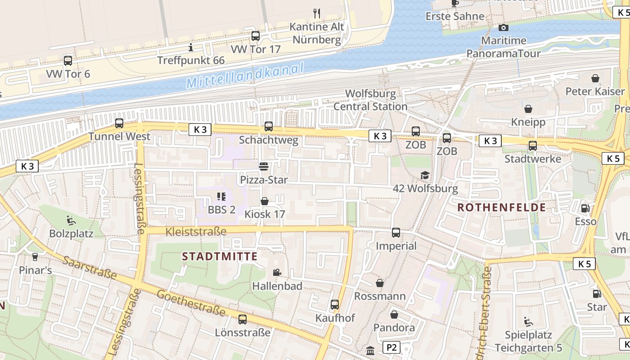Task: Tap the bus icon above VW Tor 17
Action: click(255, 36)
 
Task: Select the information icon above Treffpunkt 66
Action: click(191, 47)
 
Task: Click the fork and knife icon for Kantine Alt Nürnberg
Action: click(317, 13)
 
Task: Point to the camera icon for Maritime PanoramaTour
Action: click(504, 28)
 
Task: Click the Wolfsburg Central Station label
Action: click(370, 100)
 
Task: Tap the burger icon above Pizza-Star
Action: click(264, 166)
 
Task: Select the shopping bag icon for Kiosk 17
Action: click(265, 201)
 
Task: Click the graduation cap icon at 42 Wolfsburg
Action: click(425, 175)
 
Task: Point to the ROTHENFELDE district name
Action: click(502, 207)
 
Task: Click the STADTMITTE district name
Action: click(220, 257)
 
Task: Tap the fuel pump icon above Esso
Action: click(585, 208)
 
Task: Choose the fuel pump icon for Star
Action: click(597, 294)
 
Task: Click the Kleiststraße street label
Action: click(196, 232)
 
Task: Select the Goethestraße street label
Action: click(191, 303)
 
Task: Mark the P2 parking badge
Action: click(391, 347)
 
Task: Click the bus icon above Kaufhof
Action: click(335, 305)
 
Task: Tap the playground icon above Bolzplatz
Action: click(71, 220)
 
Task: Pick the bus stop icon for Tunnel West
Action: click(119, 123)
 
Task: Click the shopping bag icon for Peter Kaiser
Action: click(595, 78)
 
